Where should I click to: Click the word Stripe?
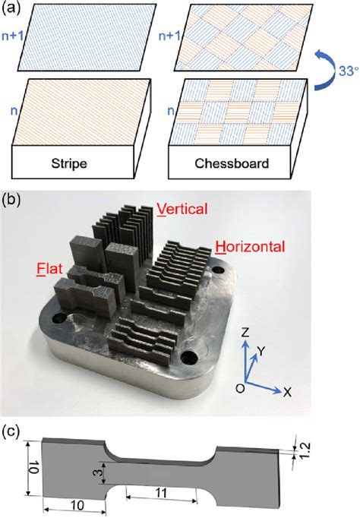(69, 163)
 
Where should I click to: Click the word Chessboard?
(232, 163)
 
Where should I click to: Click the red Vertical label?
(182, 209)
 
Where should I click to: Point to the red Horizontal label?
(250, 246)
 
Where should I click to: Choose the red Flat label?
(49, 269)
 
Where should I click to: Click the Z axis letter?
(245, 333)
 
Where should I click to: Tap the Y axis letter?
(261, 352)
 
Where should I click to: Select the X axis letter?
(288, 393)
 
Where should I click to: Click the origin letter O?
(241, 389)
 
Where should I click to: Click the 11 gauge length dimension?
(161, 493)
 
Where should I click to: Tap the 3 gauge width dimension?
(96, 472)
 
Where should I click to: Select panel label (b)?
(11, 201)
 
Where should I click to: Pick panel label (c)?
(11, 432)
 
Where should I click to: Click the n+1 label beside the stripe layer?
(13, 36)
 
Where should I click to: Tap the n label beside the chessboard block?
(171, 111)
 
